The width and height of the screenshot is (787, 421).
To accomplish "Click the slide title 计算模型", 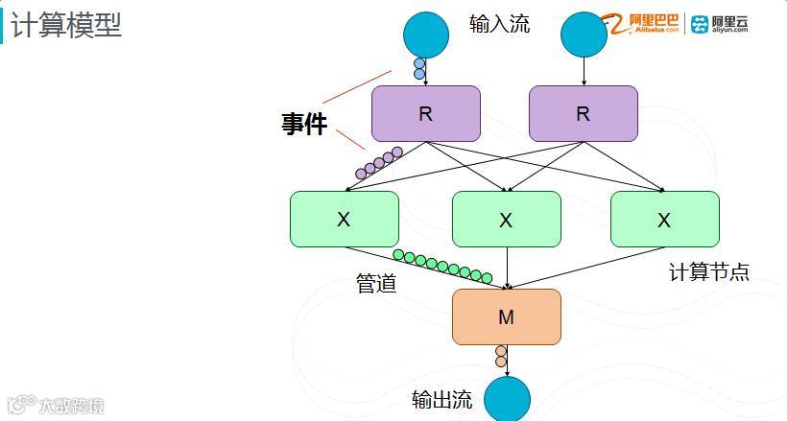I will tap(66, 25).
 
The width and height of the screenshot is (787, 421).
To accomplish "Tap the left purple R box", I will tap(425, 113).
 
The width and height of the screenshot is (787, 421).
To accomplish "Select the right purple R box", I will tap(583, 113).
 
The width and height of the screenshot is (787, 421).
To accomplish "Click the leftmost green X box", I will tap(344, 219).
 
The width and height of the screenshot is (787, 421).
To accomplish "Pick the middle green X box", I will tap(506, 220).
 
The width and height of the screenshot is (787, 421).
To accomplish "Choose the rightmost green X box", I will tap(664, 219).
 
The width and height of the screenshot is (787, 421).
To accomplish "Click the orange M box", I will tap(506, 316).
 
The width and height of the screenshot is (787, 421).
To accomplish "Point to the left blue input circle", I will tap(425, 35).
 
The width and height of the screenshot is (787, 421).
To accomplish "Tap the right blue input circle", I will tap(583, 35).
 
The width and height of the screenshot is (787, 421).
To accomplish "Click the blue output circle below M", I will tap(507, 399).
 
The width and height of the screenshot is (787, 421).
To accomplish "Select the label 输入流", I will tap(499, 23).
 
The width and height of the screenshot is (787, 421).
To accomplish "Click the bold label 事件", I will tap(304, 124).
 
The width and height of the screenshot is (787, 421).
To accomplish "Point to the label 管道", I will tap(376, 284).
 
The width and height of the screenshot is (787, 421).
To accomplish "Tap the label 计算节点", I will tap(708, 272).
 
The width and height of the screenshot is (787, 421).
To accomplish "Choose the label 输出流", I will tap(441, 400).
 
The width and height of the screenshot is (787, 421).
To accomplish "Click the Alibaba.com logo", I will tap(642, 23).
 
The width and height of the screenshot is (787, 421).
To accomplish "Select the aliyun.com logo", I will tap(720, 24).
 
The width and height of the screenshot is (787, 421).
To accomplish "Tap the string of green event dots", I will tap(442, 266).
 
